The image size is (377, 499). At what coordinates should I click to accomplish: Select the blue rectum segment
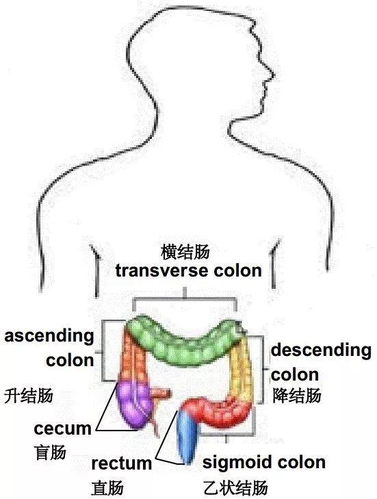[x=187, y=436]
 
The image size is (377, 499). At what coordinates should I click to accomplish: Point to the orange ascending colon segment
[x=133, y=357]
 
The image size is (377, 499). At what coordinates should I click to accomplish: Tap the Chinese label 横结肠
[x=185, y=252]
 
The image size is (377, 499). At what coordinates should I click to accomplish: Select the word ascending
[x=49, y=337]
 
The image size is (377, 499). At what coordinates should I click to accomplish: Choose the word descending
[x=321, y=350]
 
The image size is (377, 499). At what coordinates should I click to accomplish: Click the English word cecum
[x=62, y=428]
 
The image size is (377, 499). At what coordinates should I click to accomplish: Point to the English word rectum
[x=121, y=463]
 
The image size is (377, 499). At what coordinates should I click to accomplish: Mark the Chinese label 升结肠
[x=28, y=396]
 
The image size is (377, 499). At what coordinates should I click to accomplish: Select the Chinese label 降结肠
[x=296, y=396]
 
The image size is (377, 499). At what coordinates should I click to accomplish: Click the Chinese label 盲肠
[x=50, y=452]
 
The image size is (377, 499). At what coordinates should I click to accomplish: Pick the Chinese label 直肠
[x=107, y=487]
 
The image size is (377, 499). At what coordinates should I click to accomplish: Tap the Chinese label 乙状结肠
[x=235, y=487]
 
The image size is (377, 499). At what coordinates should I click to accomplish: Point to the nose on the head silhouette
[x=270, y=74]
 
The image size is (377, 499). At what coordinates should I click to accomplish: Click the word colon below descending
[x=295, y=375]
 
